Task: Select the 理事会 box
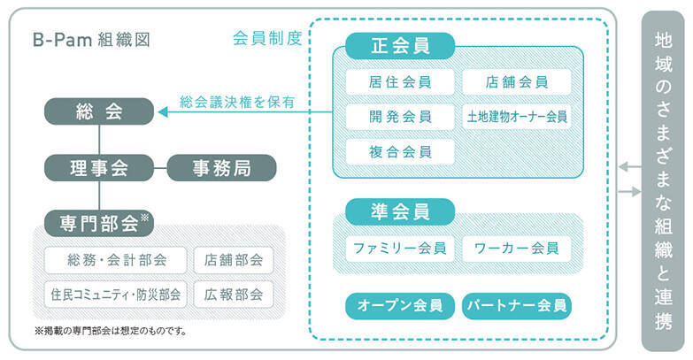[x=99, y=166]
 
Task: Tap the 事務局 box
[x=221, y=166]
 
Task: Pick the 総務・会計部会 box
[x=115, y=259]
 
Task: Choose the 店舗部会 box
[x=234, y=259]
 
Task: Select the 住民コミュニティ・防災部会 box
[x=115, y=295]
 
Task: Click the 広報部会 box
[x=234, y=295]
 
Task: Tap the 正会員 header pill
[x=399, y=45]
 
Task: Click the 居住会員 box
[x=399, y=81]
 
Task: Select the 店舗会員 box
[x=517, y=81]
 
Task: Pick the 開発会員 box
[x=399, y=116]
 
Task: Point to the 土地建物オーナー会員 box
[x=517, y=116]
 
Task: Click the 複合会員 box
[x=399, y=150]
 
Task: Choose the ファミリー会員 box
[x=399, y=248]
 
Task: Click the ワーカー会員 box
[x=517, y=248]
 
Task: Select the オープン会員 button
[x=399, y=306]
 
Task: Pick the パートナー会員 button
[x=517, y=306]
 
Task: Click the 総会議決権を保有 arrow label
[x=236, y=103]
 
